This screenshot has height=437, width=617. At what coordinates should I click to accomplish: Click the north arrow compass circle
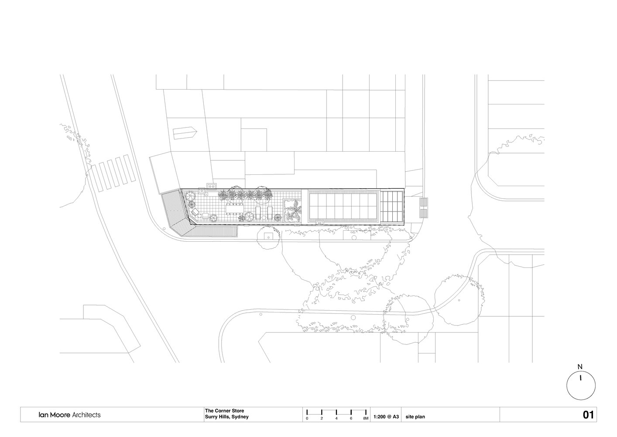click(x=567, y=386)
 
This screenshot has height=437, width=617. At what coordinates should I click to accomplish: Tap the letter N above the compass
click(x=580, y=367)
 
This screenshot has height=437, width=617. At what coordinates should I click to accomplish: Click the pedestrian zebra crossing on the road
click(x=113, y=173)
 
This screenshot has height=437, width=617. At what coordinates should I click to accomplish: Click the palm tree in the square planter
click(x=292, y=211)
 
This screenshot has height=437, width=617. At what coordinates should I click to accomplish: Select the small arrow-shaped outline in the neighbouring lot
click(x=185, y=134)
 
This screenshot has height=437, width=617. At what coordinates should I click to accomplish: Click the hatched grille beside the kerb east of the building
click(x=424, y=208)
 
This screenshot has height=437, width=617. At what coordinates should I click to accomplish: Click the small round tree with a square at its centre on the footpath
click(x=269, y=237)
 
